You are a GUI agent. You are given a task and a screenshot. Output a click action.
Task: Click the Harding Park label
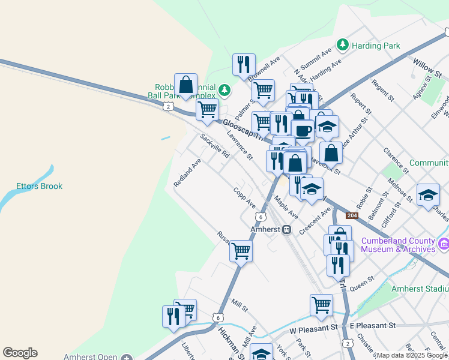(376, 45)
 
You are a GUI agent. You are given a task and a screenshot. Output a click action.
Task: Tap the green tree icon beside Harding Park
(343, 44)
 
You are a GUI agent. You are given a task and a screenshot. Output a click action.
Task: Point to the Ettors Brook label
(39, 186)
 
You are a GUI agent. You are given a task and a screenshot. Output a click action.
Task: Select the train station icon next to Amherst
(287, 229)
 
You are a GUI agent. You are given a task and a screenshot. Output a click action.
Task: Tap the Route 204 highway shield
(352, 215)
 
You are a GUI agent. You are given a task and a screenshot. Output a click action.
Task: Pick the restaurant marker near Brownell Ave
(244, 64)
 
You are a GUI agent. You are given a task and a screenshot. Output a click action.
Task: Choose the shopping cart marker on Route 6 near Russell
(241, 251)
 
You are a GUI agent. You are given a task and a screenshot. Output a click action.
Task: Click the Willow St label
(428, 67)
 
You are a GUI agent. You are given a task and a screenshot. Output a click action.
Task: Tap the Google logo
(20, 353)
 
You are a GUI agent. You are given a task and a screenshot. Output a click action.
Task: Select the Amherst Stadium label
(420, 289)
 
